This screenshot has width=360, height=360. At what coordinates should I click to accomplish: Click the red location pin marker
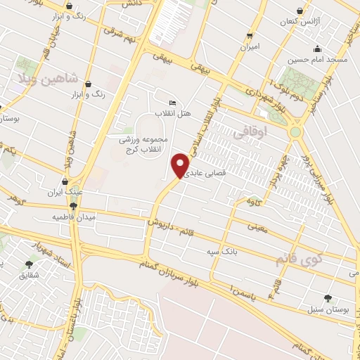click(181, 165)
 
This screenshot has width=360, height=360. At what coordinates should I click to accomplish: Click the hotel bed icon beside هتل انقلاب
click(173, 103)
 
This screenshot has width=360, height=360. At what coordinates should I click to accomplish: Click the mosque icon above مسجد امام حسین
click(318, 49)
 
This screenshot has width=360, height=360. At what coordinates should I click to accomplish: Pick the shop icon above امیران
click(250, 35)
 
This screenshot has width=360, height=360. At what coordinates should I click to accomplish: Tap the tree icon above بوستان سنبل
click(327, 298)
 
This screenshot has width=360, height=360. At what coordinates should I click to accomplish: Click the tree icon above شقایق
click(29, 264)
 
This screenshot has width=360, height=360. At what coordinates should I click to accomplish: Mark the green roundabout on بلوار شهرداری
click(295, 131)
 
